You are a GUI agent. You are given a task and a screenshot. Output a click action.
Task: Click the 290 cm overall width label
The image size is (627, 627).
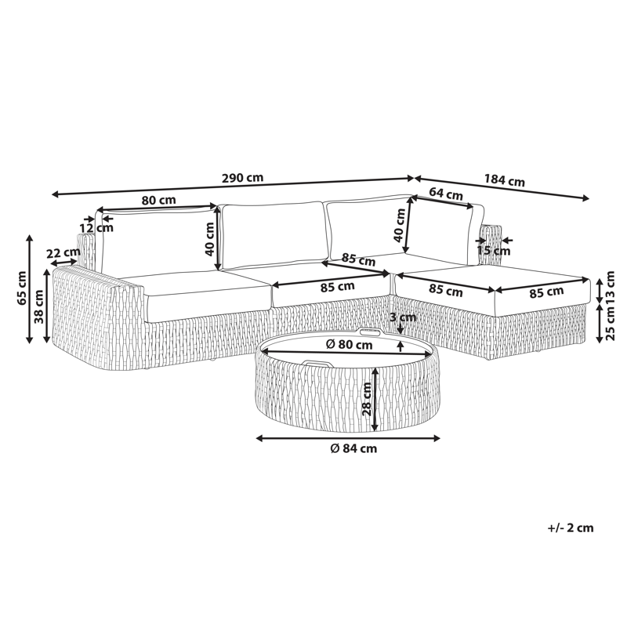[242, 178]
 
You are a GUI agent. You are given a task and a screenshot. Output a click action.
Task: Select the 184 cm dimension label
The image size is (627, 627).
[504, 180]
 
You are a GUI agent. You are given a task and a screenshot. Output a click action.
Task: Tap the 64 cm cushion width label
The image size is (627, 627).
[446, 194]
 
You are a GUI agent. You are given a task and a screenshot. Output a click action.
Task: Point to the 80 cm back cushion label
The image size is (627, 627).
[159, 200]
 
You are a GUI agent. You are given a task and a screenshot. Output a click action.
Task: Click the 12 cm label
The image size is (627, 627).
[96, 228]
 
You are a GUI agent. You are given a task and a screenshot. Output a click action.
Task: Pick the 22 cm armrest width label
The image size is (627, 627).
[63, 253]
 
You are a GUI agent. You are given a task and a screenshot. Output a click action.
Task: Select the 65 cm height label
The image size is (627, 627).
[22, 288]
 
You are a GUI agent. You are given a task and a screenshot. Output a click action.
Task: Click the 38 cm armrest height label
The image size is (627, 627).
[38, 306]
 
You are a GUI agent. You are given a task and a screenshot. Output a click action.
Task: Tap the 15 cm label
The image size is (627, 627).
[494, 251]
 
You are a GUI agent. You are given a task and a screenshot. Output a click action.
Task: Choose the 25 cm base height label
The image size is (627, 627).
[610, 324]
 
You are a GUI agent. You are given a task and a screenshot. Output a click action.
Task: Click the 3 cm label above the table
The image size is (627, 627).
[403, 317]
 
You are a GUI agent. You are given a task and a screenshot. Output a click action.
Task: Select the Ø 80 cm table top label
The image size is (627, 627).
[349, 344]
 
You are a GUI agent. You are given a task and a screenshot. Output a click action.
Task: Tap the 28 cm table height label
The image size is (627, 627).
[366, 399]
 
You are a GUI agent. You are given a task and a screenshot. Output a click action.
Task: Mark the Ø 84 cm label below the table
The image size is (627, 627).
[354, 448]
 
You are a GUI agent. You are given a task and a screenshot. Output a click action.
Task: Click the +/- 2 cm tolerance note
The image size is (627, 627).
[571, 527]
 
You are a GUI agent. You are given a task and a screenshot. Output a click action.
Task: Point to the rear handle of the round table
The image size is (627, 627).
[371, 332]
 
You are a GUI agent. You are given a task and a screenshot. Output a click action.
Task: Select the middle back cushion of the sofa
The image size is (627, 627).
[272, 235]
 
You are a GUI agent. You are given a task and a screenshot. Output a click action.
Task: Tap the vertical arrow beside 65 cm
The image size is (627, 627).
[29, 288]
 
